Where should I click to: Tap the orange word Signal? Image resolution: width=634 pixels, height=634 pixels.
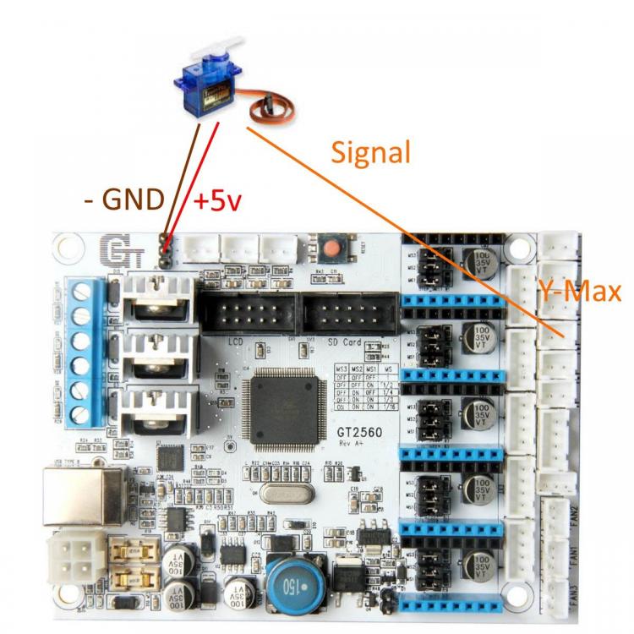[370, 152]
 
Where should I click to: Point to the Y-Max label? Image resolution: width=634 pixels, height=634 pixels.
[580, 292]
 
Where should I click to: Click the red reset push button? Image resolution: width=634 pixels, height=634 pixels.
[331, 248]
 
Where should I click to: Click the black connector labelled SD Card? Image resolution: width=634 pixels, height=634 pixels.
[349, 314]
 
